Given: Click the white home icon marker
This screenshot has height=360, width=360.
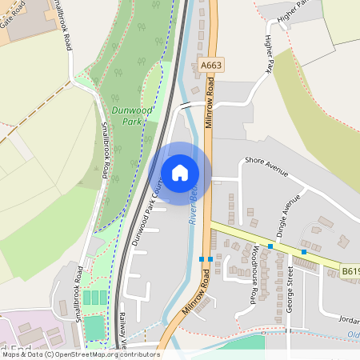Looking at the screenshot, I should tap(180, 173).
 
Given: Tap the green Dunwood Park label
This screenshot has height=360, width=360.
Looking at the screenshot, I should tap(122, 115).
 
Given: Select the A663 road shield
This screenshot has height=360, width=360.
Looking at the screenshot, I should tap(212, 65).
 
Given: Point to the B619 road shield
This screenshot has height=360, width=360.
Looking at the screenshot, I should tap(350, 272).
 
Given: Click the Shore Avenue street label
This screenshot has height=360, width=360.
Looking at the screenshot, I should tap(266, 165).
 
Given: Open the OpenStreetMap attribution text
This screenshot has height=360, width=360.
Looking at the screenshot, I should tap(80, 354).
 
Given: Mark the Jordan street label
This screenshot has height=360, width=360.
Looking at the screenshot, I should tap(349, 318).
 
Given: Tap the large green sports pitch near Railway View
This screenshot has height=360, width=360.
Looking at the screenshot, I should tap(94, 327).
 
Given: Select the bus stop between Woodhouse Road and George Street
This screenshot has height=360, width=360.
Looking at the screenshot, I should tap(270, 246).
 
